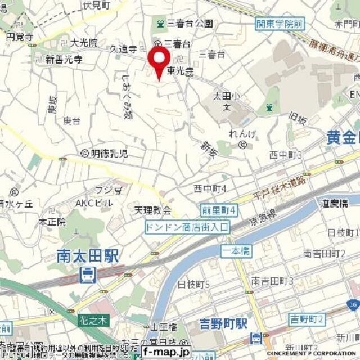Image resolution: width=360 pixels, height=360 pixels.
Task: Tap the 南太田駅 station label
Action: [88, 256]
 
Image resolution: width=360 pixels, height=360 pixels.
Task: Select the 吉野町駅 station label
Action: [223, 324]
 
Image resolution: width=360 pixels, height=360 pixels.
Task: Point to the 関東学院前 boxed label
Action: [280, 24]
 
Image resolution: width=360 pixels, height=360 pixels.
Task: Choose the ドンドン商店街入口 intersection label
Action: [187, 227]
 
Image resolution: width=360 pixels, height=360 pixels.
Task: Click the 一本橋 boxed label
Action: [236, 251]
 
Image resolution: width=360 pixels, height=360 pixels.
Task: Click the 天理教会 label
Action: [152, 211]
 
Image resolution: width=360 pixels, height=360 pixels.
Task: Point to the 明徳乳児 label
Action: [109, 153]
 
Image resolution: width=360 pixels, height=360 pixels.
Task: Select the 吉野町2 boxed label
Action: [307, 319]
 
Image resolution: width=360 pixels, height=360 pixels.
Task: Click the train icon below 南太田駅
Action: [87, 275]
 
